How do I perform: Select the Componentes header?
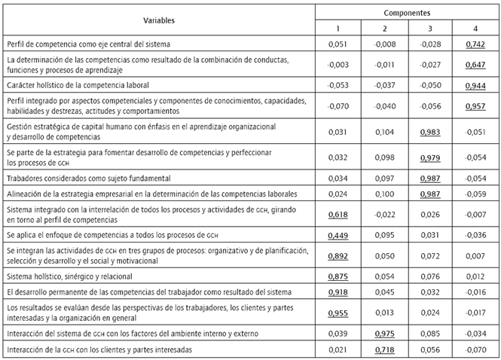coord(407,13)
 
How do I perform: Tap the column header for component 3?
coord(430,29)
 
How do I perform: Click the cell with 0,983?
coord(430,130)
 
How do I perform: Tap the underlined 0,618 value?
coord(338,215)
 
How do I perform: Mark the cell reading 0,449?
coord(338,235)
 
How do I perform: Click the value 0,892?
coord(338,255)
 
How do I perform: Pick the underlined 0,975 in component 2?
coord(384,333)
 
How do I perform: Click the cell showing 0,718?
coord(384,349)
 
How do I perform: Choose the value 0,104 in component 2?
coord(384,130)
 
